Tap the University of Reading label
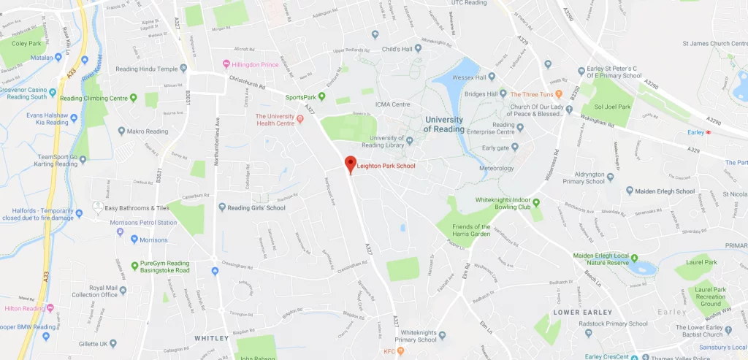click(444, 124)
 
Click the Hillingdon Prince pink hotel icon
click(226, 64)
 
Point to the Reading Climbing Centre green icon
click(133, 98)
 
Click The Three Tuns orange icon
click(559, 94)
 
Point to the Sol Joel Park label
click(613, 107)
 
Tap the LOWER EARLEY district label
click(576, 312)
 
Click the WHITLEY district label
click(212, 338)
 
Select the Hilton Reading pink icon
click(50, 308)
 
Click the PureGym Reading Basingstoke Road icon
click(134, 264)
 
